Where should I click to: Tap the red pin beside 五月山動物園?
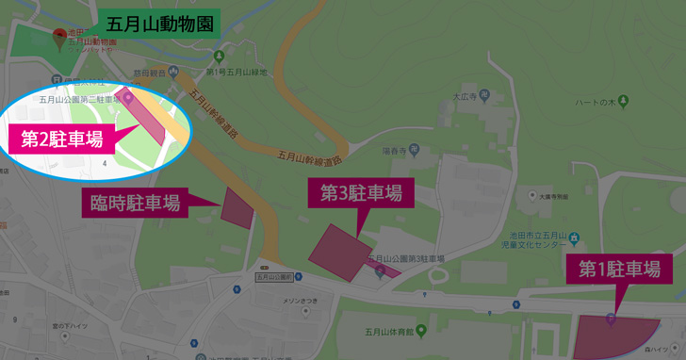click(x=61, y=39)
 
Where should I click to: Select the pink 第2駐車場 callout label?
click(x=61, y=140)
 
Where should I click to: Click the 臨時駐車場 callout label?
click(x=135, y=202)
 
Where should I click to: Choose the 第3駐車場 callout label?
click(x=361, y=193)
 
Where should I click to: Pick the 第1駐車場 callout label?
click(x=619, y=268)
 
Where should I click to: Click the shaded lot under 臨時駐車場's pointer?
click(x=237, y=207)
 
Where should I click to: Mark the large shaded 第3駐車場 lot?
click(x=340, y=252)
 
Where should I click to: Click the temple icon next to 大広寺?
click(x=483, y=95)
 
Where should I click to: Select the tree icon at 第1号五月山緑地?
click(x=210, y=70)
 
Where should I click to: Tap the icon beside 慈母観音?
click(x=172, y=73)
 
